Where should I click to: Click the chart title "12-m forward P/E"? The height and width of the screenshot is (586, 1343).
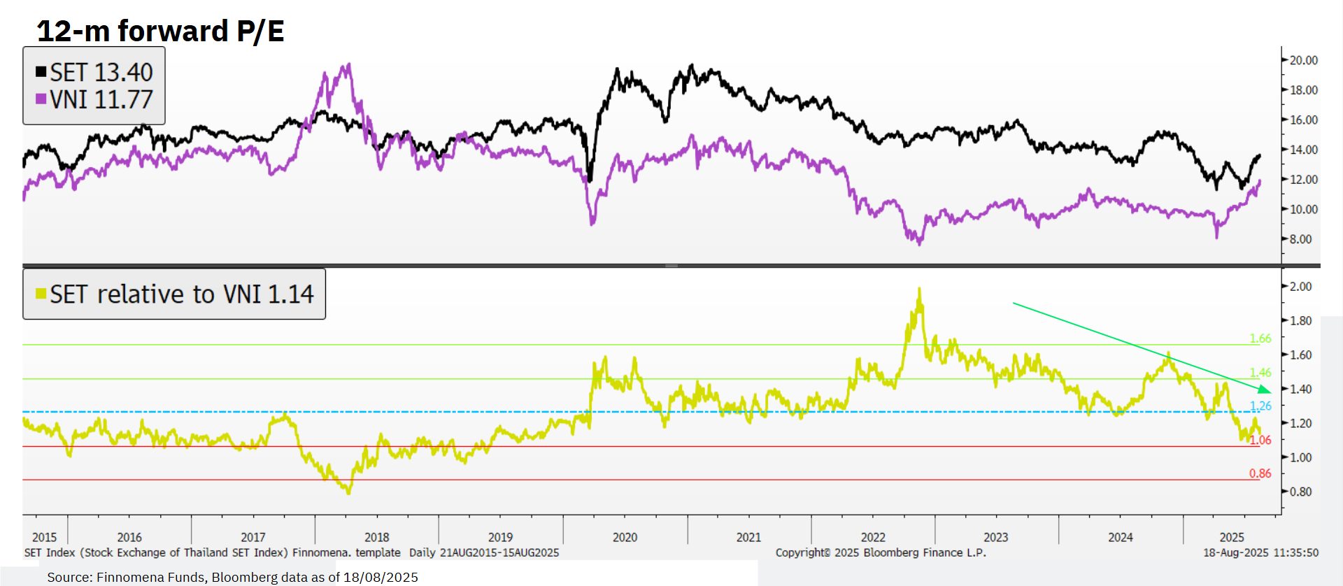160,31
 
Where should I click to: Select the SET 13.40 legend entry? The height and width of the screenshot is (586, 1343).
94,72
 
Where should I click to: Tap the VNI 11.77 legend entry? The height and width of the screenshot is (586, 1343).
94,99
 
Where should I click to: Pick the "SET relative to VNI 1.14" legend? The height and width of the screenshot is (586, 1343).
174,294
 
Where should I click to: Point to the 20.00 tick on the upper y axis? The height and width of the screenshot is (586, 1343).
1303,60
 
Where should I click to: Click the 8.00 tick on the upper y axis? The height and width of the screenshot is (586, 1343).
1300,239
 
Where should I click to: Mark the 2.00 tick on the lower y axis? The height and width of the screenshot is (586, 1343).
1300,287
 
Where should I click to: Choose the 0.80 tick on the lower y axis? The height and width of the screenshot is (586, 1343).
1300,492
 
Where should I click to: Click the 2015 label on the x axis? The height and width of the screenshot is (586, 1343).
44,537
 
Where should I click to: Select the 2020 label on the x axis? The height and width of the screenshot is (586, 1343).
625,537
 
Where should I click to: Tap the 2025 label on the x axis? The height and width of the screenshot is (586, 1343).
1232,537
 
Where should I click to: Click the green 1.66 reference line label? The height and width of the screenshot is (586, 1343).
1260,338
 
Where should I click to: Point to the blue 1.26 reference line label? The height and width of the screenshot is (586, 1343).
1260,406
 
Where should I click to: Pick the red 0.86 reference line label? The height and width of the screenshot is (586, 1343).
1260,473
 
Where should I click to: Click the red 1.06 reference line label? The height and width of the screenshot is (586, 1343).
1260,440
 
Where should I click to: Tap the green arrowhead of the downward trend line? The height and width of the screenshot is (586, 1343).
1265,389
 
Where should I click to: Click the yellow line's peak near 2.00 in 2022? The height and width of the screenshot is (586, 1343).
919,289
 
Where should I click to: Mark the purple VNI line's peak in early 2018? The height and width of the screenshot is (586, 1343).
348,65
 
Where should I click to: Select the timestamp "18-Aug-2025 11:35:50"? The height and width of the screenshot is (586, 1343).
1260,552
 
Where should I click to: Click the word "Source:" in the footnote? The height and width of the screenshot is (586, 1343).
70,577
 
